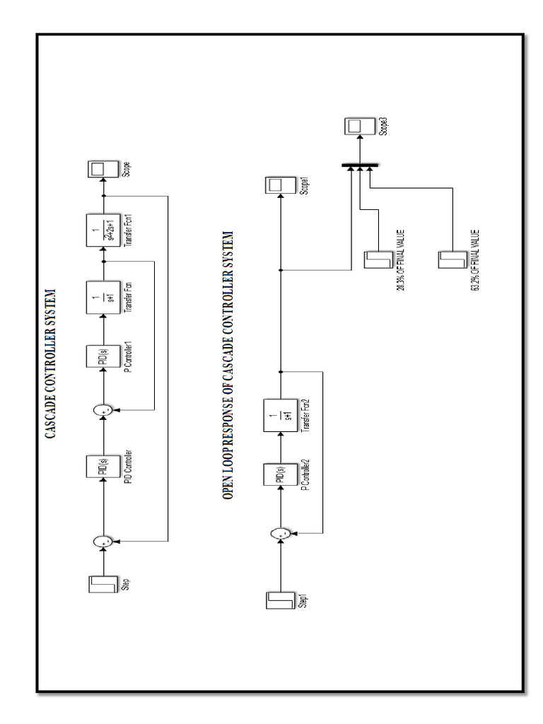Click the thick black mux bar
[359, 166]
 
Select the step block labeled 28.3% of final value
[375, 259]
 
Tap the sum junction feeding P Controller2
[280, 535]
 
